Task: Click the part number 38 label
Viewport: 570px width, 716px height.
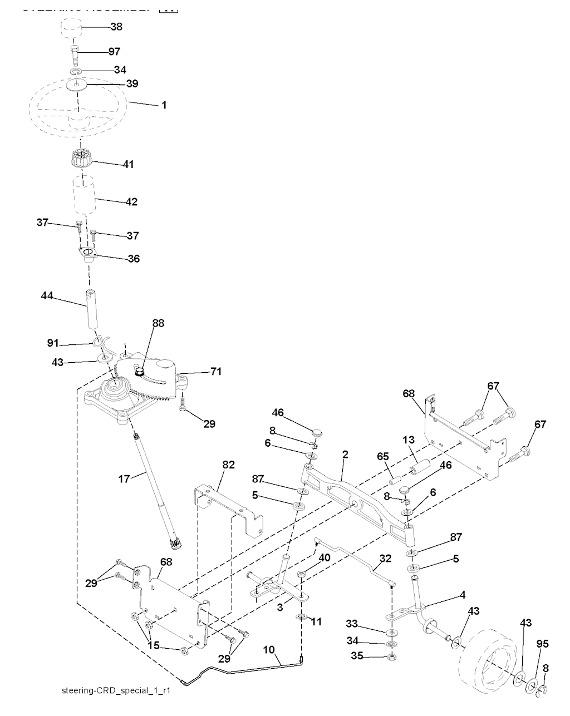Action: (x=117, y=27)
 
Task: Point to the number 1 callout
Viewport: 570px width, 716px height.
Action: (x=164, y=105)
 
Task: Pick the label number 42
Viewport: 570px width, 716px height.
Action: (x=131, y=201)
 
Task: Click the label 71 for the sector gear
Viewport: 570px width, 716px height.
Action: (x=216, y=372)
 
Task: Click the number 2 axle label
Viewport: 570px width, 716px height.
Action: (x=345, y=455)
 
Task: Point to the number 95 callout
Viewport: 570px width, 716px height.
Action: (x=542, y=644)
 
